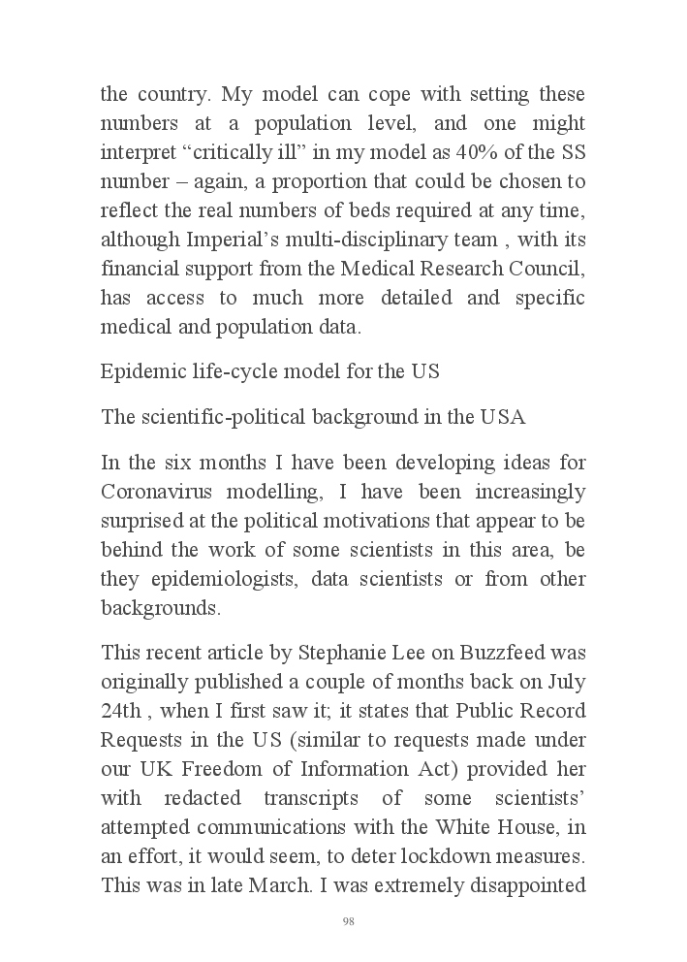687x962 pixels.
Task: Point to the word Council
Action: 543,269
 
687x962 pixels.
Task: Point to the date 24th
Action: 121,710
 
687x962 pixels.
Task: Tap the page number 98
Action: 349,921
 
